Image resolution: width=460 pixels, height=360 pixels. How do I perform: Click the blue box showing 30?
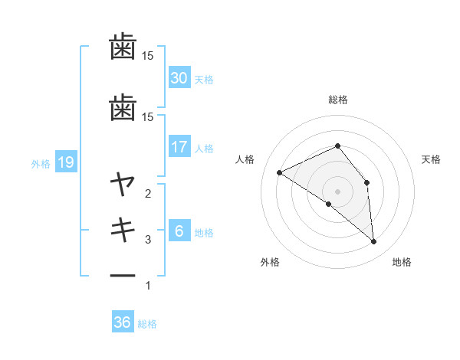click(179, 77)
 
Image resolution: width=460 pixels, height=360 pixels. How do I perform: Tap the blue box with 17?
click(179, 147)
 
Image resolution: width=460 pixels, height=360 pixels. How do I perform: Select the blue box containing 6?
click(179, 231)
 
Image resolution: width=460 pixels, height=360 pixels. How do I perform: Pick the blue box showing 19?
click(65, 162)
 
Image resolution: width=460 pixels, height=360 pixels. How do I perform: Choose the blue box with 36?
click(123, 322)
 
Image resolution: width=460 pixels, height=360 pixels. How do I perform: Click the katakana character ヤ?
click(123, 184)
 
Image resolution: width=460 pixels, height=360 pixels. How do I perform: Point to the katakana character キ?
click(123, 230)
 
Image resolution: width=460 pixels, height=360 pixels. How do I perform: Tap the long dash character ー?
click(123, 276)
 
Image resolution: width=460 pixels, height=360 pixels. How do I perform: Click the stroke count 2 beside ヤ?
click(148, 194)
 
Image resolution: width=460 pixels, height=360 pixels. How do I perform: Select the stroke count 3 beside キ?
click(148, 240)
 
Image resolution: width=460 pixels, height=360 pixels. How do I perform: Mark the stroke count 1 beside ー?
click(148, 286)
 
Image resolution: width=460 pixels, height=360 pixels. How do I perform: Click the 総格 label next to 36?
click(147, 324)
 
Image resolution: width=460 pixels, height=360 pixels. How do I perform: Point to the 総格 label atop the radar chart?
click(337, 100)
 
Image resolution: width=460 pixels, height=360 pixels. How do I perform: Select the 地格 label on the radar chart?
click(402, 263)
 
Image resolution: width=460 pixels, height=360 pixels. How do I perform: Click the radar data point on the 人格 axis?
click(280, 172)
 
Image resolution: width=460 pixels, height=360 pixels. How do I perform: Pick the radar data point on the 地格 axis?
click(373, 241)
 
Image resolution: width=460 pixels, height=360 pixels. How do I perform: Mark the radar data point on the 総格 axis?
click(337, 146)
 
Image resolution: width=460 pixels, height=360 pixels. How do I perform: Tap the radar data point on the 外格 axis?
click(328, 204)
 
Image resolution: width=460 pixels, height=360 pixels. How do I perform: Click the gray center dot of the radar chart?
click(337, 191)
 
